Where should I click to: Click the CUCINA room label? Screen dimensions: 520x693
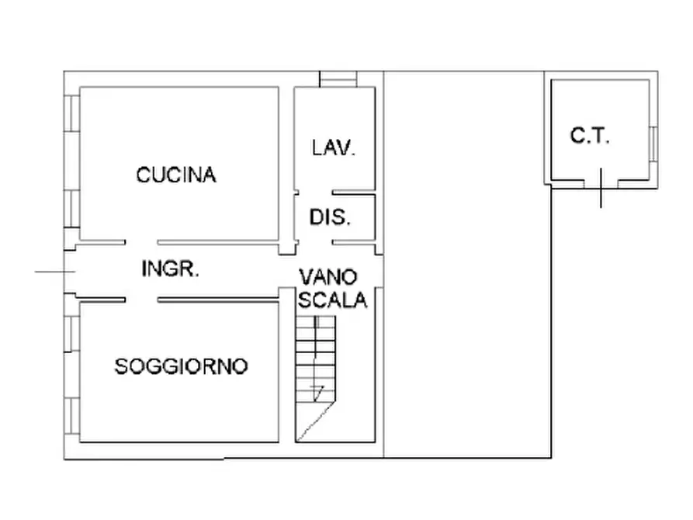(x=176, y=175)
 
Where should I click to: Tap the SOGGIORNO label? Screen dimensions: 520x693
(x=181, y=366)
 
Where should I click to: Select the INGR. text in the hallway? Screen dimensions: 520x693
(x=172, y=269)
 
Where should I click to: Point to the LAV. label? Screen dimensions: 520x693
(x=334, y=147)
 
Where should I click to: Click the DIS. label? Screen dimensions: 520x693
(x=331, y=218)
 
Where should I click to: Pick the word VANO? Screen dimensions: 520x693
(x=328, y=276)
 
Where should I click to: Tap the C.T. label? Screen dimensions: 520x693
(x=591, y=137)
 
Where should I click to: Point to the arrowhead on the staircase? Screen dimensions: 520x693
(x=317, y=389)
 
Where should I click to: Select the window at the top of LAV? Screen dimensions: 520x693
(x=338, y=79)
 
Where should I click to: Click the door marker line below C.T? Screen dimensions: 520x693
(x=601, y=189)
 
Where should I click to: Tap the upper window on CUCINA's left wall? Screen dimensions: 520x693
(x=71, y=113)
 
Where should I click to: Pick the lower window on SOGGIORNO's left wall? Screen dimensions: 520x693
(x=71, y=419)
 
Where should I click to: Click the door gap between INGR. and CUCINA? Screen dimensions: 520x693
(x=141, y=241)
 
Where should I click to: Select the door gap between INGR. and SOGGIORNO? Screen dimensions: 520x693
(x=141, y=299)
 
